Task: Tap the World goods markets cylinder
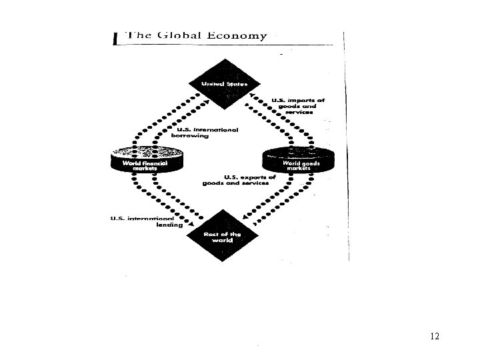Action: coord(298,159)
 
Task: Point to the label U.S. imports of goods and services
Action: coord(297,106)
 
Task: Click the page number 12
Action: coord(435,336)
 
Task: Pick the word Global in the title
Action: coord(179,36)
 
